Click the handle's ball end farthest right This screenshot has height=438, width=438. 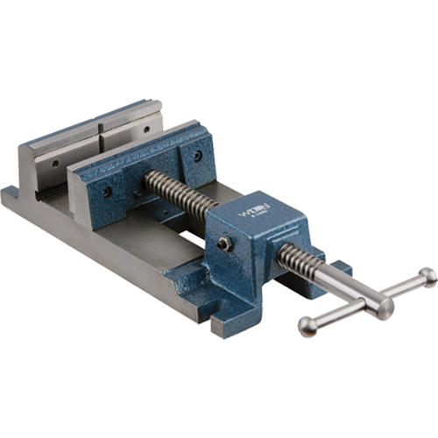tap(427, 277)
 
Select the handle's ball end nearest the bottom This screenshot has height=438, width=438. tap(307, 326)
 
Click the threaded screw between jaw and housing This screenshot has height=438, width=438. tap(180, 195)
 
